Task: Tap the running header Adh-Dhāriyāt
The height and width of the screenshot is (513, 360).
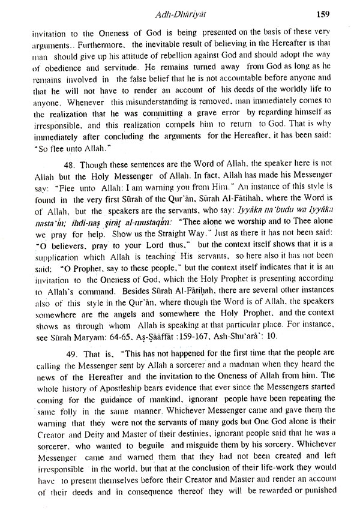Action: (180, 11)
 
